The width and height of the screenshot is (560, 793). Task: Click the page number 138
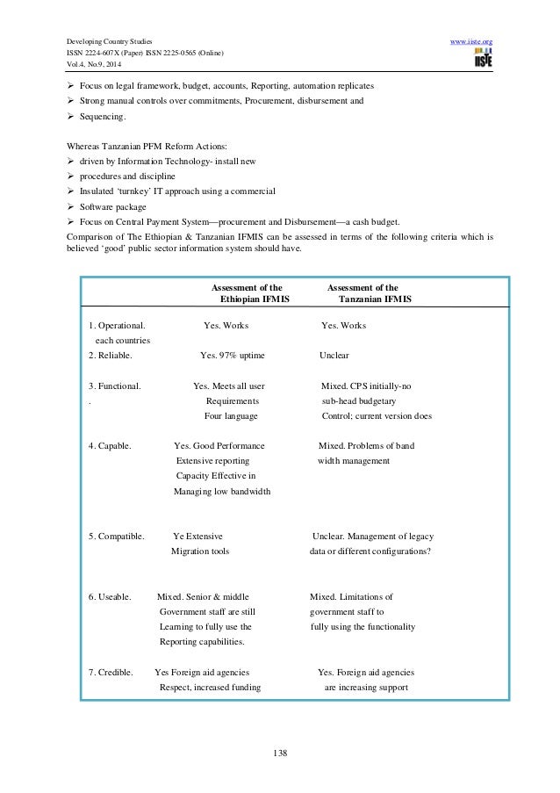(279, 753)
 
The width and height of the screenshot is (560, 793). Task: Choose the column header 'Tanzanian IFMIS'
(375, 299)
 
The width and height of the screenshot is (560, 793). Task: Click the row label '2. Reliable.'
(111, 355)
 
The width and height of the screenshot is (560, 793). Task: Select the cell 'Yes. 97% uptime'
(233, 355)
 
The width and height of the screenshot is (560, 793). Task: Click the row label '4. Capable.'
(111, 446)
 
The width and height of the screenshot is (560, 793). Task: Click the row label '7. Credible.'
(111, 673)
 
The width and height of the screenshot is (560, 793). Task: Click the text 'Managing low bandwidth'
(222, 491)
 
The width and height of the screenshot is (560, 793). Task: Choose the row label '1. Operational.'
(118, 326)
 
